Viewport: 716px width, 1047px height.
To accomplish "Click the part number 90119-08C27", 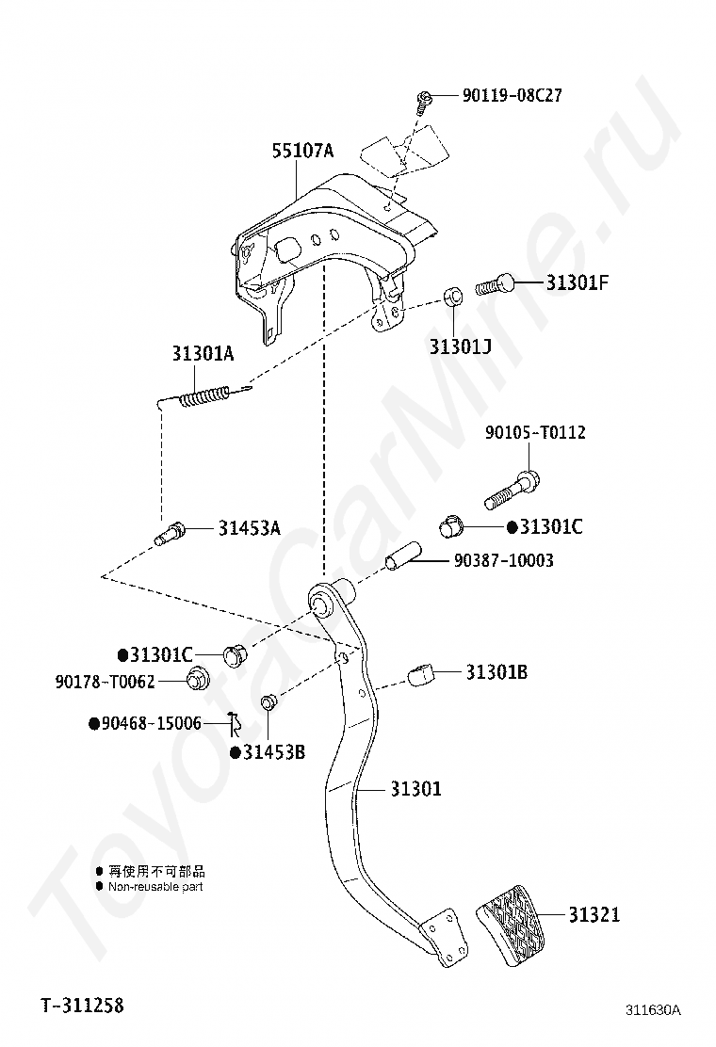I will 512,96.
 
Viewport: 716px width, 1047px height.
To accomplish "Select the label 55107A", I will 303,151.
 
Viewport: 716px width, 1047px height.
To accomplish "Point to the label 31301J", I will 461,346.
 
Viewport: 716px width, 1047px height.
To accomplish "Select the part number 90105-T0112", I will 535,432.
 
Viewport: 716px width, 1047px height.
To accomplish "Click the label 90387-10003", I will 503,561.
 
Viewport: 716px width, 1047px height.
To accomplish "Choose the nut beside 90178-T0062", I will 197,678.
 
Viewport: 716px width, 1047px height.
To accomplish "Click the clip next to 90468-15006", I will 234,724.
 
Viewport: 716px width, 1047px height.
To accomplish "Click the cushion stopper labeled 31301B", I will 422,673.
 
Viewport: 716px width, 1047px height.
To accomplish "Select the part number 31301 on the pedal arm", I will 415,789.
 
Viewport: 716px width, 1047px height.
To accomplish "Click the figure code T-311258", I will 82,1006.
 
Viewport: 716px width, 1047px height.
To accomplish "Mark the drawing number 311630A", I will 653,1010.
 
